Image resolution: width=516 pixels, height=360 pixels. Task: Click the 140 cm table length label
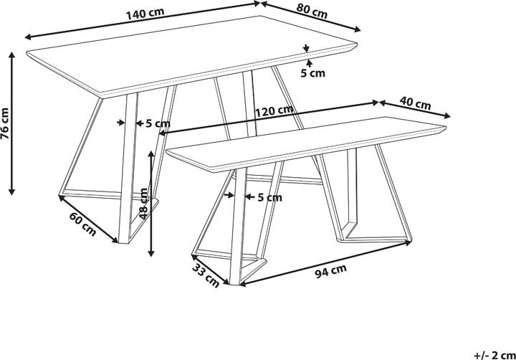pos(145,14)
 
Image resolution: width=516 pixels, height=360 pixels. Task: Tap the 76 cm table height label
pos(5,123)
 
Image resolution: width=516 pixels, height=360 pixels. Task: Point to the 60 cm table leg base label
pos(82,224)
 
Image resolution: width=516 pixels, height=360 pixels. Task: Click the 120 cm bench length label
pos(274,111)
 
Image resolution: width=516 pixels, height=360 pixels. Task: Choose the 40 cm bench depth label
pos(415,103)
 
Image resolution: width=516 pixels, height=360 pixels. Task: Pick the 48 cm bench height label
pos(143,204)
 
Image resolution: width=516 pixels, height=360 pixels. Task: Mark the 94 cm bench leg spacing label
pos(330,271)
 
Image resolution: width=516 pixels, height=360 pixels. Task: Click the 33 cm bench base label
pos(206,275)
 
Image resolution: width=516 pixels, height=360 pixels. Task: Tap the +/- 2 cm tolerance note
pos(494,355)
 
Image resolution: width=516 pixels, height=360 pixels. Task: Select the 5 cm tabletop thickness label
pos(312,73)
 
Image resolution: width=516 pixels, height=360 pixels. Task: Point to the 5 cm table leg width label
pos(158,123)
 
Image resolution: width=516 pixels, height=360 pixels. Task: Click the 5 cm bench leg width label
pos(269,197)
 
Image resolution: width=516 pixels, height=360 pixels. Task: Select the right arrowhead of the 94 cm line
pos(408,242)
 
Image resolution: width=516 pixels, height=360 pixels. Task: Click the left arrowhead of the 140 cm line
pos(28,37)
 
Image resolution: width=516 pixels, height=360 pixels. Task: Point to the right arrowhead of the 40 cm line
pos(447,115)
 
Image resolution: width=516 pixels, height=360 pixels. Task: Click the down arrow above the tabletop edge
pos(307,49)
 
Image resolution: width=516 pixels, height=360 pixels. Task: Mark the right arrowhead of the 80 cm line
pos(357,29)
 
